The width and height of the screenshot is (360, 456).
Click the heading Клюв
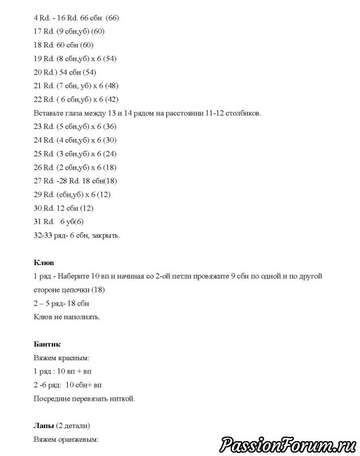44,263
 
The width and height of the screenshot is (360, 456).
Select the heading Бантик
47,344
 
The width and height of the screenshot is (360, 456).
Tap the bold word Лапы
43,425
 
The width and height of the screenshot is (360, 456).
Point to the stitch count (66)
117,18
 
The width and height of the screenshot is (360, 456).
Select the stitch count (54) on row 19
107,59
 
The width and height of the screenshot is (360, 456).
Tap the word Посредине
56,398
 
